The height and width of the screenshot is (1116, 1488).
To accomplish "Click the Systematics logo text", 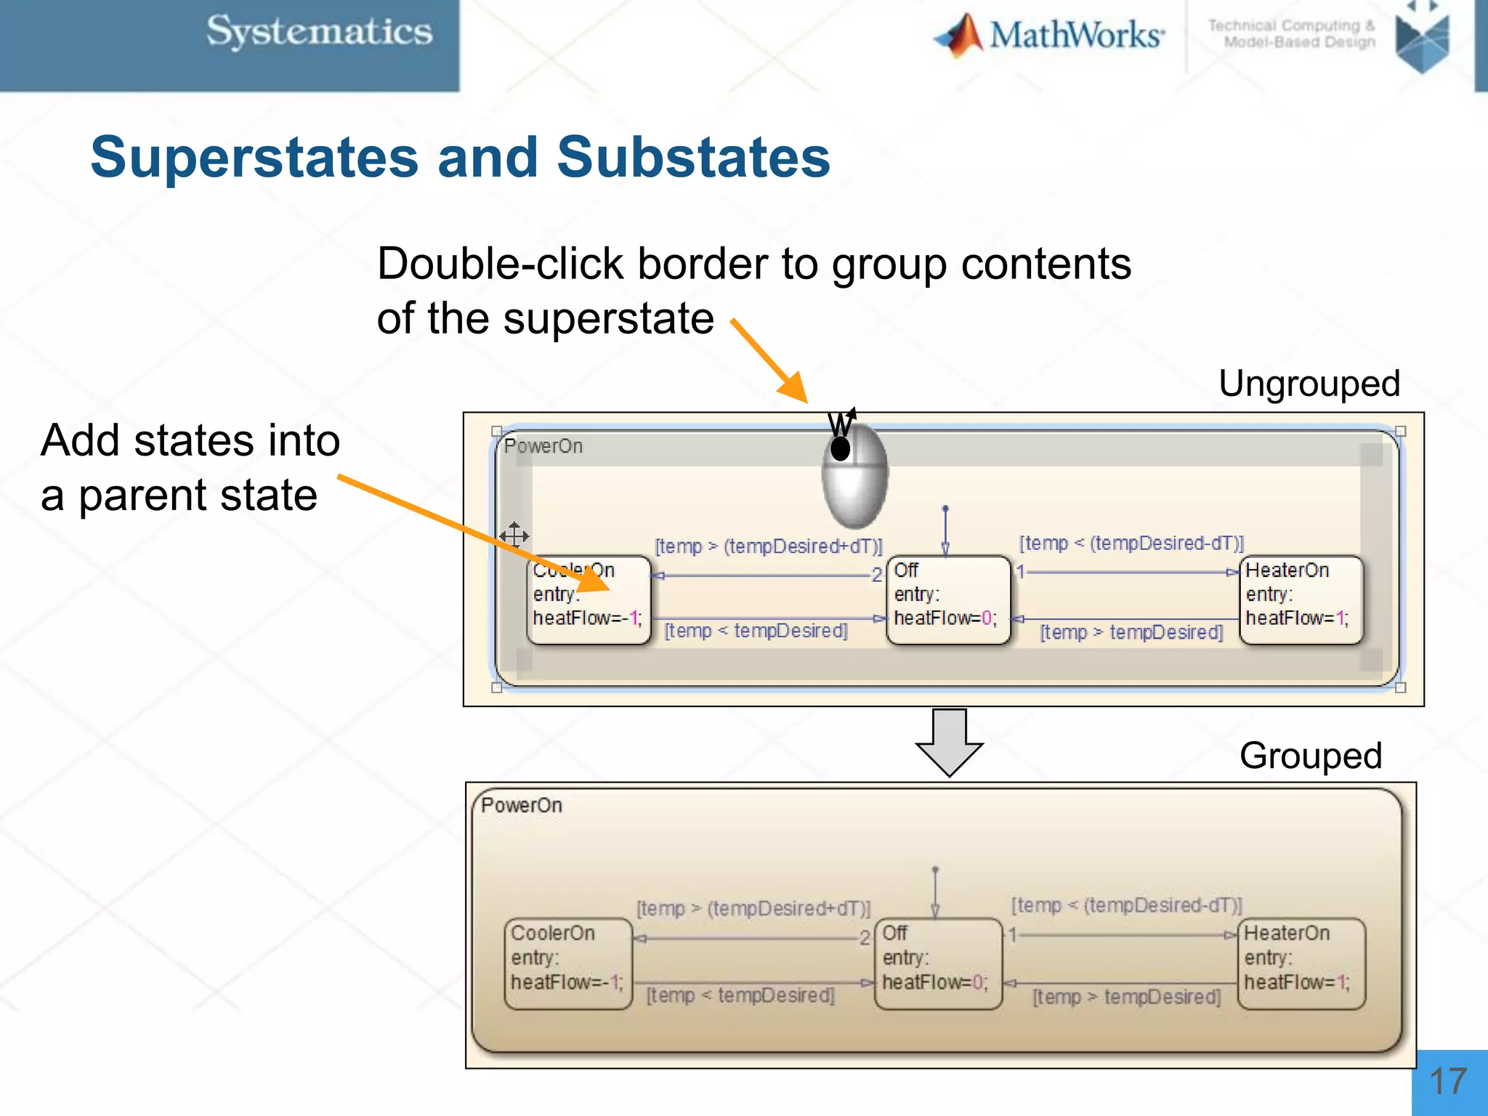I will [x=319, y=33].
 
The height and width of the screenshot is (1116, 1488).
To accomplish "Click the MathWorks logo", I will [x=1050, y=35].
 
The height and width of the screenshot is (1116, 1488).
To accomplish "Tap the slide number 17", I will [x=1448, y=1082].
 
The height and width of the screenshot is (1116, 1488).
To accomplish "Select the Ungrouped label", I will [x=1309, y=384].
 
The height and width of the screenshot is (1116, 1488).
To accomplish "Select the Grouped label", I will [x=1310, y=756].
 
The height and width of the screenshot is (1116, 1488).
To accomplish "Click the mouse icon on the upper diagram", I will [x=854, y=476].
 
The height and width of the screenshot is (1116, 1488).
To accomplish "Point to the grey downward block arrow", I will [x=949, y=741].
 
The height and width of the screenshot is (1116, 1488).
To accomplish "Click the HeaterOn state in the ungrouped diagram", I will [x=1301, y=600].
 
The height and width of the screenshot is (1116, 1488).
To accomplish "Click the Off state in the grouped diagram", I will [x=937, y=963].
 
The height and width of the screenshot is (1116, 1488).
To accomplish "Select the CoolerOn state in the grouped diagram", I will [x=567, y=963].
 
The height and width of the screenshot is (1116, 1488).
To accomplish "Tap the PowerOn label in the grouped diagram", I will [x=522, y=806].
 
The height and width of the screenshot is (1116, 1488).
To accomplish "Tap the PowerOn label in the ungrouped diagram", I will [x=543, y=446].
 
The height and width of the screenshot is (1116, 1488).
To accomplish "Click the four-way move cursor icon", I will [x=514, y=536].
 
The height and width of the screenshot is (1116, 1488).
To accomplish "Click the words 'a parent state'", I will [x=179, y=496].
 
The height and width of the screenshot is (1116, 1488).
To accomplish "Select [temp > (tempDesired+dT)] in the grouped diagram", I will [x=753, y=909].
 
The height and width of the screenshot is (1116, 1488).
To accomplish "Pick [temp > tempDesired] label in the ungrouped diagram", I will [x=1131, y=632].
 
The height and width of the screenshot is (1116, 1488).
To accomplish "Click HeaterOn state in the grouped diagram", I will [x=1301, y=963].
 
